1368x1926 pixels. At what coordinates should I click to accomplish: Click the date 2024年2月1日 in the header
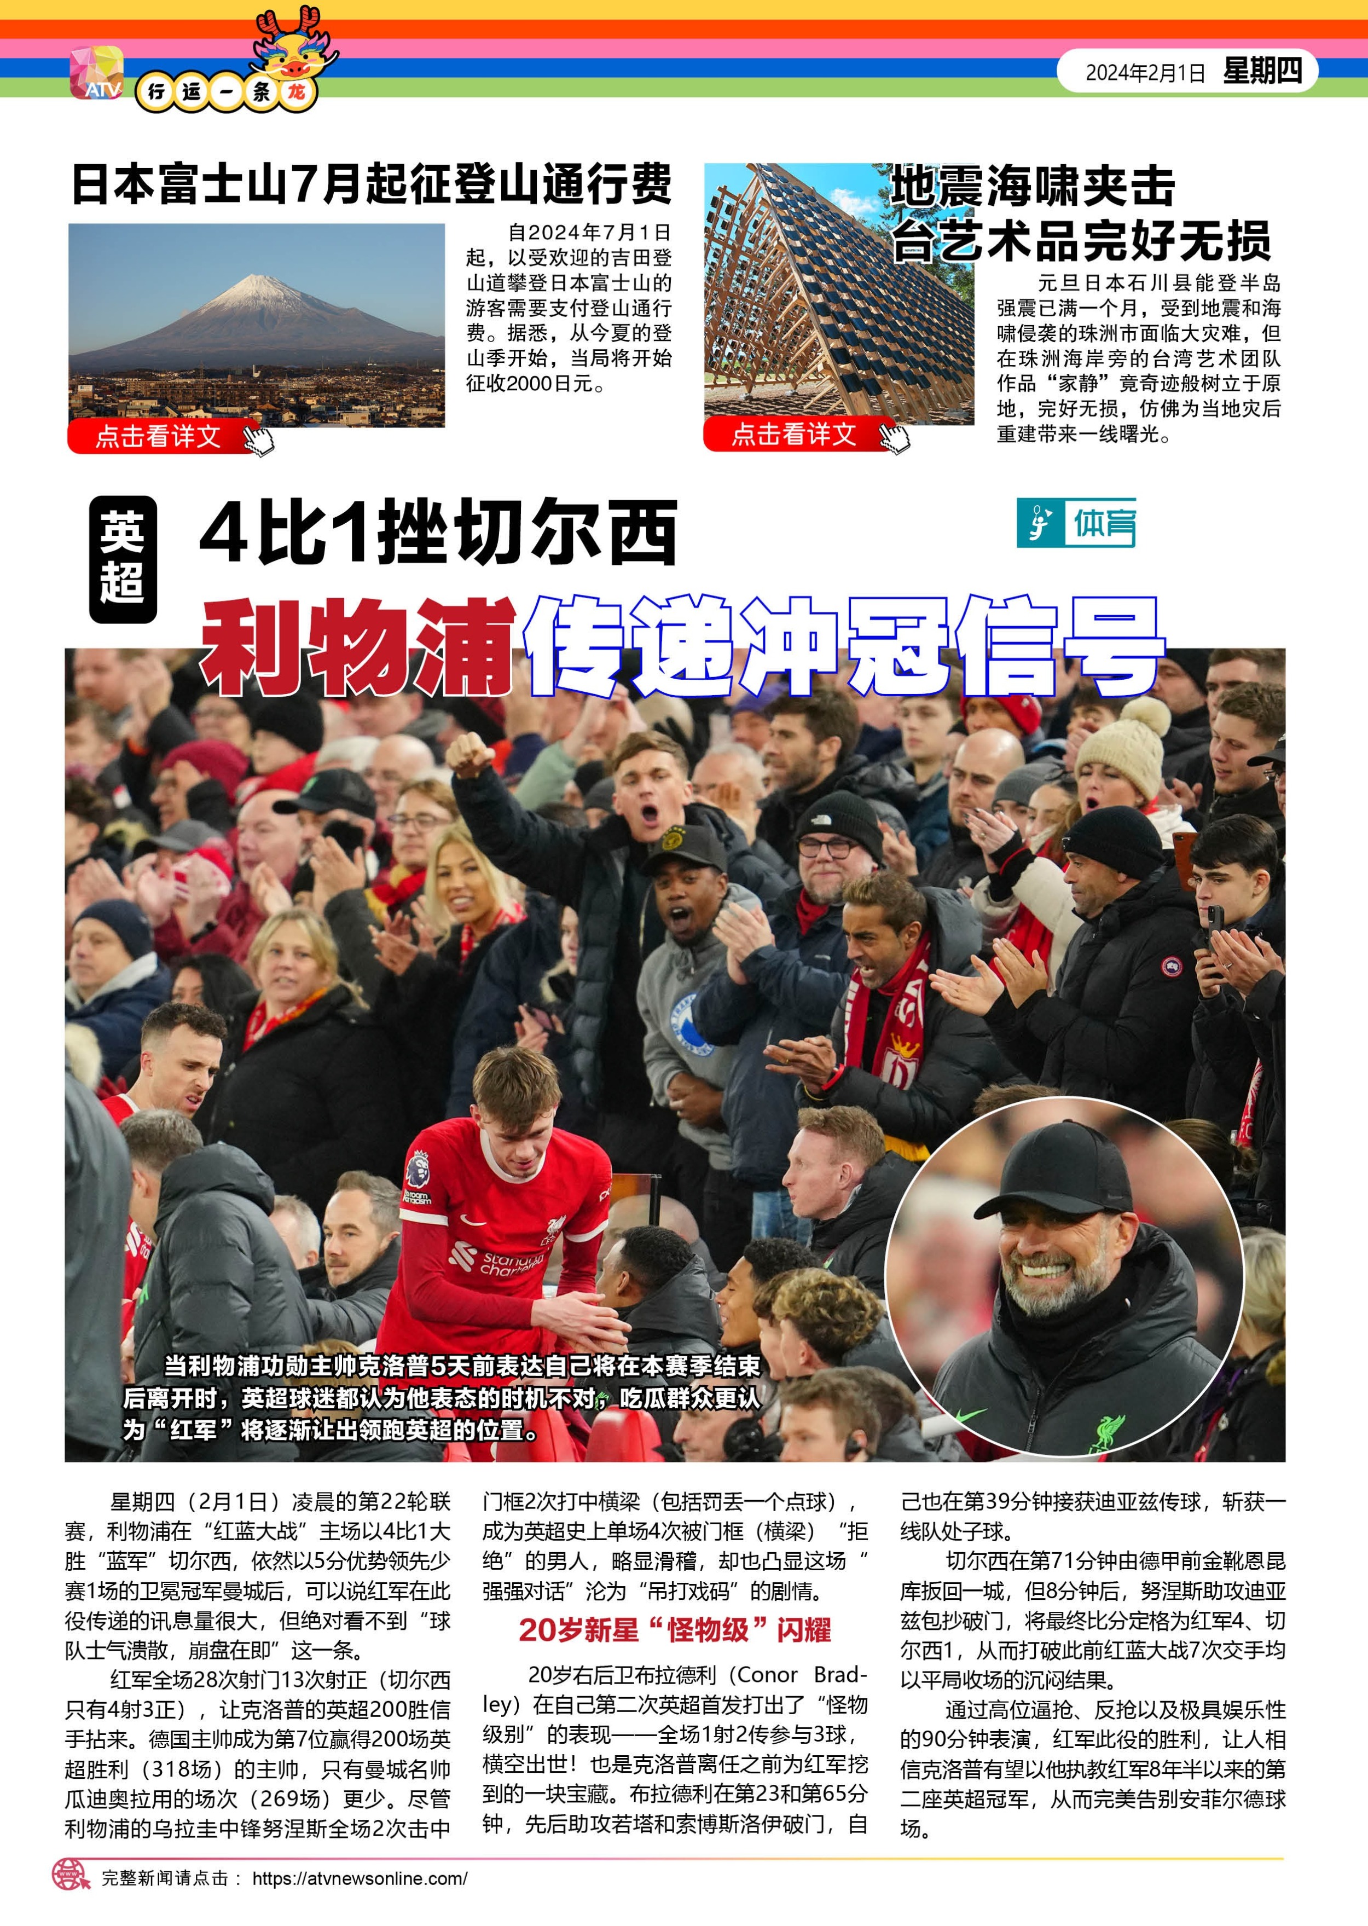pos(1145,72)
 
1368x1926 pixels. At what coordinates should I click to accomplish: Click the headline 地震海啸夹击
pos(1033,186)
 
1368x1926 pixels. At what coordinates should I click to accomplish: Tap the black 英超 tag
pos(123,559)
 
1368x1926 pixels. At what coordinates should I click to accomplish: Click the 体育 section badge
pos(1076,523)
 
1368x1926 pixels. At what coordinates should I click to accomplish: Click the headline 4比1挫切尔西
pos(438,533)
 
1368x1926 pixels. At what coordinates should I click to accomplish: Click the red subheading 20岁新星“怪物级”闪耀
pos(674,1630)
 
